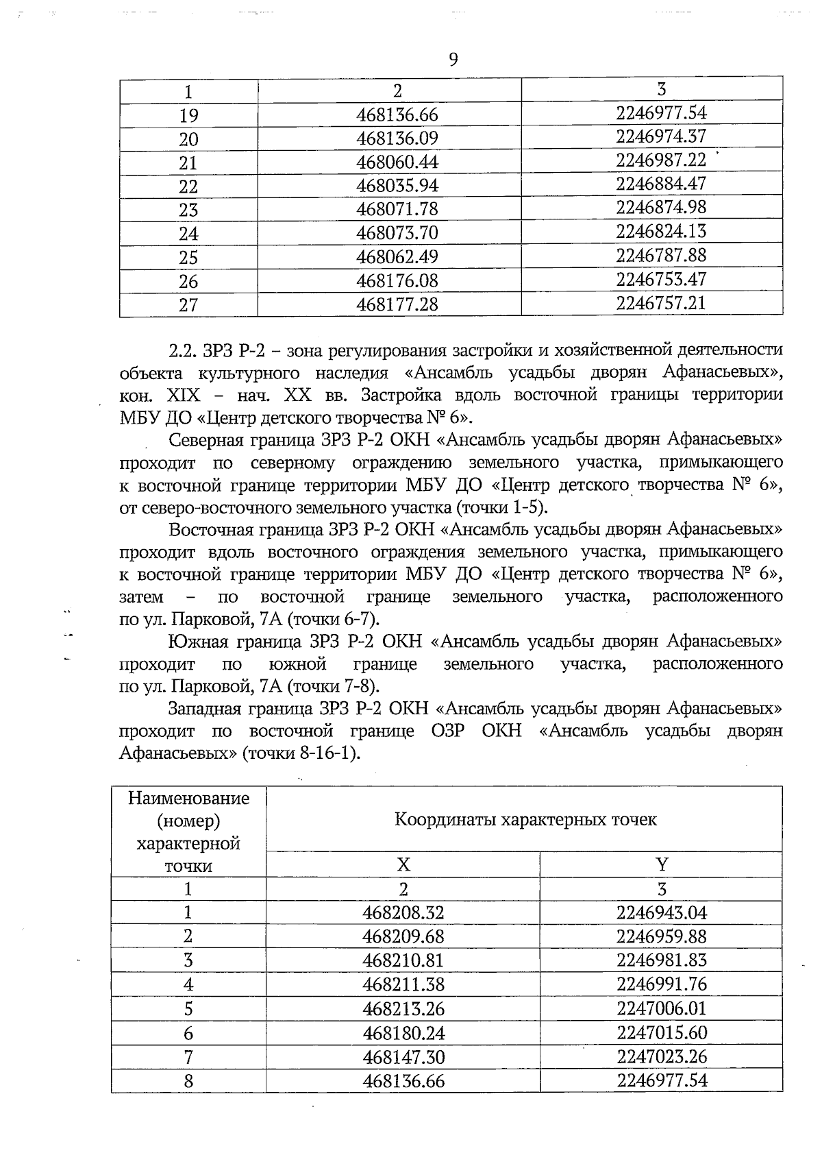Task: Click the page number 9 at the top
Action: [453, 60]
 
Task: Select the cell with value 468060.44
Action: [397, 162]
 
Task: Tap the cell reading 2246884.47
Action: [660, 184]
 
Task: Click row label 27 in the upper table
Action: [188, 305]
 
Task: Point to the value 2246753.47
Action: [660, 279]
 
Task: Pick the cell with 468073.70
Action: [397, 233]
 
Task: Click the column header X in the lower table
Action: [403, 864]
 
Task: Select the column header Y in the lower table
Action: [661, 864]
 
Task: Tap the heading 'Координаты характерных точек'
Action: [525, 819]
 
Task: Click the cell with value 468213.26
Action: [403, 1008]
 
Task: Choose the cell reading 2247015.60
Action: [661, 1032]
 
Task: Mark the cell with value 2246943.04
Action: [661, 913]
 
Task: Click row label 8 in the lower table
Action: [188, 1081]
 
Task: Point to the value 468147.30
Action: [403, 1056]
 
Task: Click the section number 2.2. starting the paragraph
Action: [183, 350]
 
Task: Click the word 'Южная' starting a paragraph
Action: [195, 642]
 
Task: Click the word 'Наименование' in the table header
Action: [188, 798]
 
